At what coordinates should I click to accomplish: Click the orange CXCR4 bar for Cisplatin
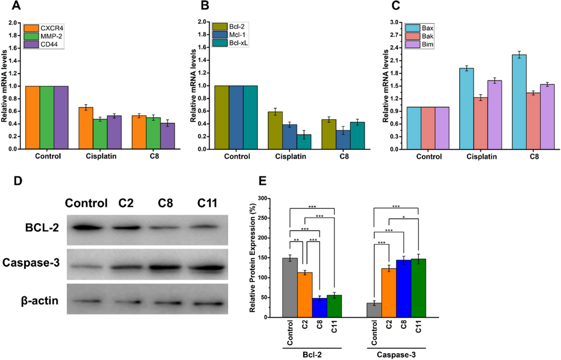pyautogui.click(x=86, y=128)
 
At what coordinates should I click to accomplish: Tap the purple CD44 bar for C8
pyautogui.click(x=167, y=136)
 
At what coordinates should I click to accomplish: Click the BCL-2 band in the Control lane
pyautogui.click(x=88, y=228)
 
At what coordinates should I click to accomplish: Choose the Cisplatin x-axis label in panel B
pyautogui.click(x=289, y=156)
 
